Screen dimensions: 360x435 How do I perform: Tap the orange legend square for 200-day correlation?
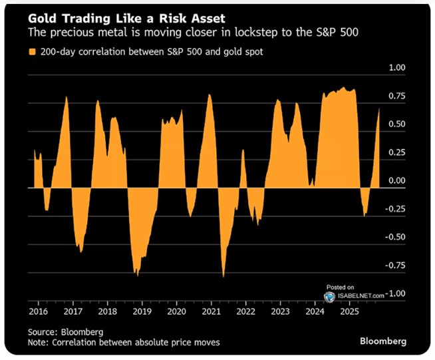click(x=31, y=51)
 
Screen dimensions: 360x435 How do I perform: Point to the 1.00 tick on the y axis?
click(x=398, y=68)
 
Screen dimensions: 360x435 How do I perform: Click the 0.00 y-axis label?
click(x=398, y=180)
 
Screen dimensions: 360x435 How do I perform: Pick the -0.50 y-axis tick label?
click(x=396, y=237)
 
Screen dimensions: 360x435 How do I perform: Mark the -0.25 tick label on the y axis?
click(x=396, y=208)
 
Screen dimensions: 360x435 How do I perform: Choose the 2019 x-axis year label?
click(x=142, y=311)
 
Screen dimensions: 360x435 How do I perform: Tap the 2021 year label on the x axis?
click(x=211, y=311)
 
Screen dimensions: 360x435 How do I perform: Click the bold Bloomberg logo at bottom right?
click(x=382, y=341)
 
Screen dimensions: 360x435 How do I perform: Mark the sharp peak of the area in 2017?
click(x=67, y=97)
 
